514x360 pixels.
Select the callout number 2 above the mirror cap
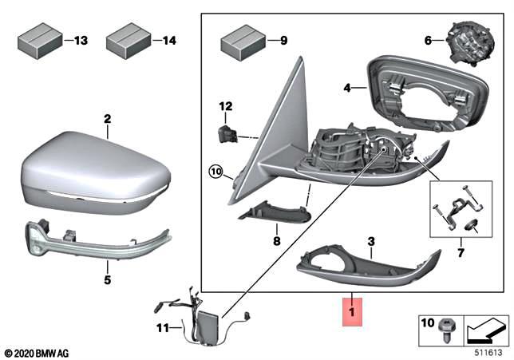[106, 120]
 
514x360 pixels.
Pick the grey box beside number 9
[240, 39]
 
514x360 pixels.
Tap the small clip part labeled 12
[227, 132]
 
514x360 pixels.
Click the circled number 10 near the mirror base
[215, 170]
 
